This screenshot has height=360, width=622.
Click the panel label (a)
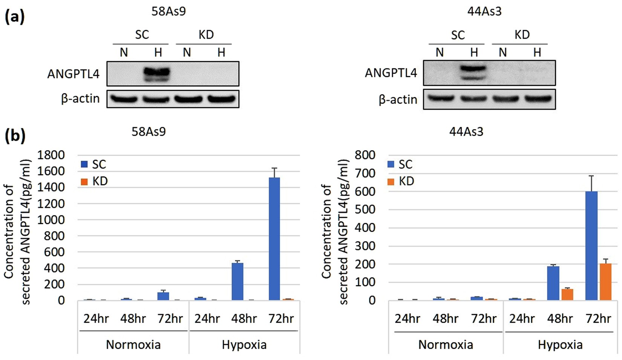pos(15,17)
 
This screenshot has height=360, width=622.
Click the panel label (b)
pos(15,136)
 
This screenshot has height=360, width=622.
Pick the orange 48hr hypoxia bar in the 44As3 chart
pos(567,294)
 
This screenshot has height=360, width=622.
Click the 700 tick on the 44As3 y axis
pos(365,173)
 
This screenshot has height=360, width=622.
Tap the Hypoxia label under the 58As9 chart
pos(244,345)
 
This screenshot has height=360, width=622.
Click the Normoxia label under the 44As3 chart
pos(446,345)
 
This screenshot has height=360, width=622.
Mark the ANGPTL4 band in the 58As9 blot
pos(158,74)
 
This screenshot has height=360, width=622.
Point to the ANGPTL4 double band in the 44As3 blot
pos(473,72)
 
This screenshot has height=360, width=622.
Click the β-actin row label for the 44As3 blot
pos(398,100)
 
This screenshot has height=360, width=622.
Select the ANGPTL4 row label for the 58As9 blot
pos(73,74)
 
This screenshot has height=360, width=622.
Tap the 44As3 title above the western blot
pos(484,11)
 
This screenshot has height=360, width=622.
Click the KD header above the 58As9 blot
pos(206,35)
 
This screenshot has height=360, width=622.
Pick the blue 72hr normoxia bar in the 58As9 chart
pos(163,296)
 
